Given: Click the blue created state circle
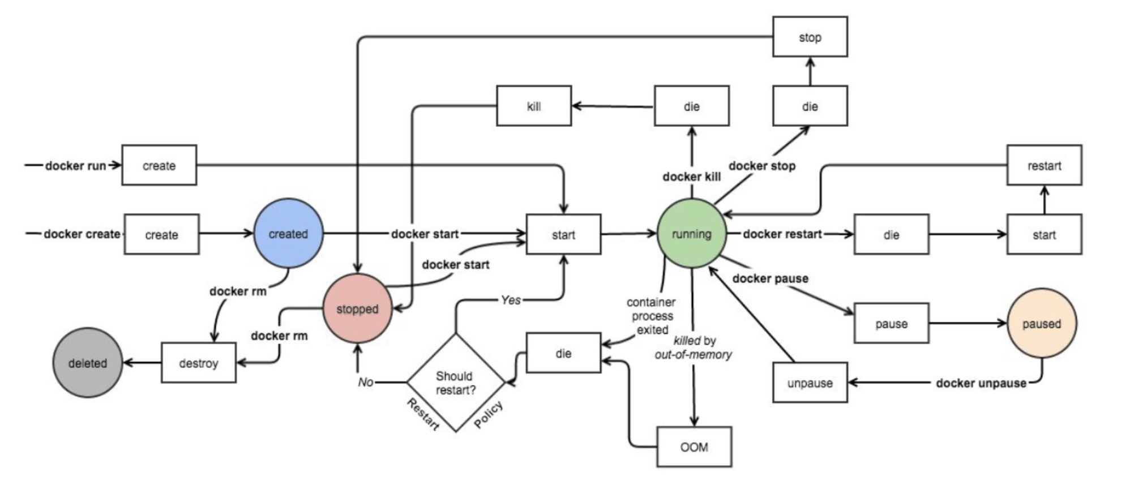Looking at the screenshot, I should click(288, 233).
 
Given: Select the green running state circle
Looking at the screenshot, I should click(691, 233).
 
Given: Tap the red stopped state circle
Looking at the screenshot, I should click(357, 308).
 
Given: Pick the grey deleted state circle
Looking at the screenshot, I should click(88, 363).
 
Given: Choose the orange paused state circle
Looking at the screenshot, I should click(1042, 323).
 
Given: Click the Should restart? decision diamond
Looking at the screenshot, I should click(456, 383).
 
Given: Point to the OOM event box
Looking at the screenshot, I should click(694, 447).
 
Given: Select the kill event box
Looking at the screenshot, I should click(534, 106).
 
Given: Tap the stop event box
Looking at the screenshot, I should click(810, 37).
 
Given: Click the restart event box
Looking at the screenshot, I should click(1044, 165).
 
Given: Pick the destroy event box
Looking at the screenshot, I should click(199, 363).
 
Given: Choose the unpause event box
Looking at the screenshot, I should click(810, 383).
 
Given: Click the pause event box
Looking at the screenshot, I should click(891, 323).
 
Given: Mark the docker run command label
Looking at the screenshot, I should click(75, 165).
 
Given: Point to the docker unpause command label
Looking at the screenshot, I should click(981, 383).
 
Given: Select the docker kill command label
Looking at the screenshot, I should click(691, 177).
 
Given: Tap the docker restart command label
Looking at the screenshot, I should click(782, 234).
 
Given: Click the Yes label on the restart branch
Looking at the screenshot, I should click(511, 300).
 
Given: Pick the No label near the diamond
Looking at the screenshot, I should click(366, 382).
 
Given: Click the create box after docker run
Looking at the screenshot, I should click(159, 165).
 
